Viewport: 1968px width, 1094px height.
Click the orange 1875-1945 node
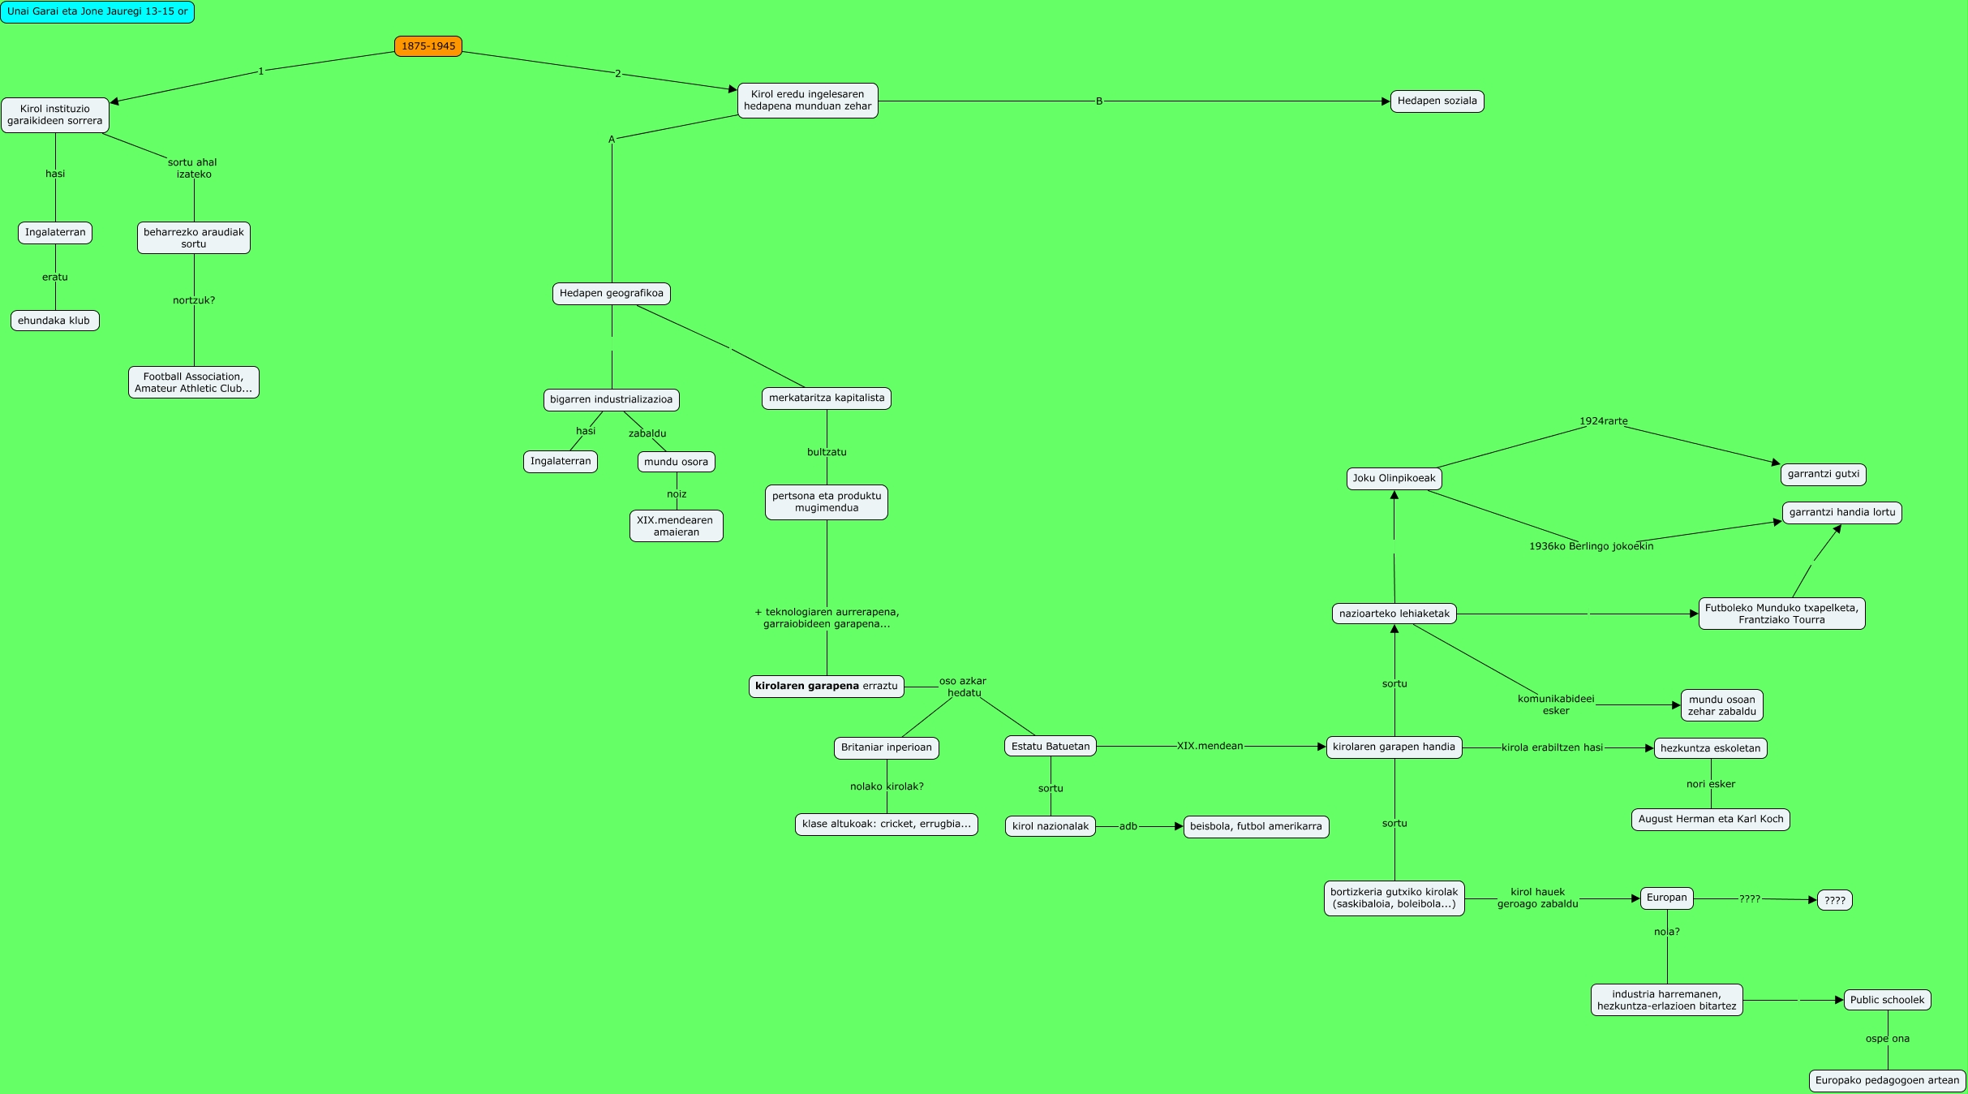428,46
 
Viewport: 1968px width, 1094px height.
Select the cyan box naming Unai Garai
97,12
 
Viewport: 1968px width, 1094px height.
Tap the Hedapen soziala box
1437,101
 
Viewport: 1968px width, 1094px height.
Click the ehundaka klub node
54,321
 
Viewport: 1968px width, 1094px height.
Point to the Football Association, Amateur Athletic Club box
193,382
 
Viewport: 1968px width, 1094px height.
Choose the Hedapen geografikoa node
611,293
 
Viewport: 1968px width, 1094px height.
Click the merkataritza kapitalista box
826,398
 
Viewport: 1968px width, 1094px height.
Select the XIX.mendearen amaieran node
676,526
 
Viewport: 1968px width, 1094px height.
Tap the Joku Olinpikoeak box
1394,478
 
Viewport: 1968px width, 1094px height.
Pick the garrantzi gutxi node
1824,474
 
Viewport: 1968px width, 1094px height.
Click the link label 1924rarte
1603,421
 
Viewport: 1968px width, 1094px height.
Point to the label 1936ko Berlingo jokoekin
1591,546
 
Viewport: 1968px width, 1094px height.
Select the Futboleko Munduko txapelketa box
1781,614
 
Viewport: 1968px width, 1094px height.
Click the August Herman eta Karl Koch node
1710,819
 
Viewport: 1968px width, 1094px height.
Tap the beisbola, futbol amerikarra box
1256,826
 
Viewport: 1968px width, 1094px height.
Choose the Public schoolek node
1887,1000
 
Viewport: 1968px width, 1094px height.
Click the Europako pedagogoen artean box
1887,1080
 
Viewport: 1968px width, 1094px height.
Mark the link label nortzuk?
194,300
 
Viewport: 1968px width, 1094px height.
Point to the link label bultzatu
827,452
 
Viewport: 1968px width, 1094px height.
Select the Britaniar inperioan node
886,747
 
